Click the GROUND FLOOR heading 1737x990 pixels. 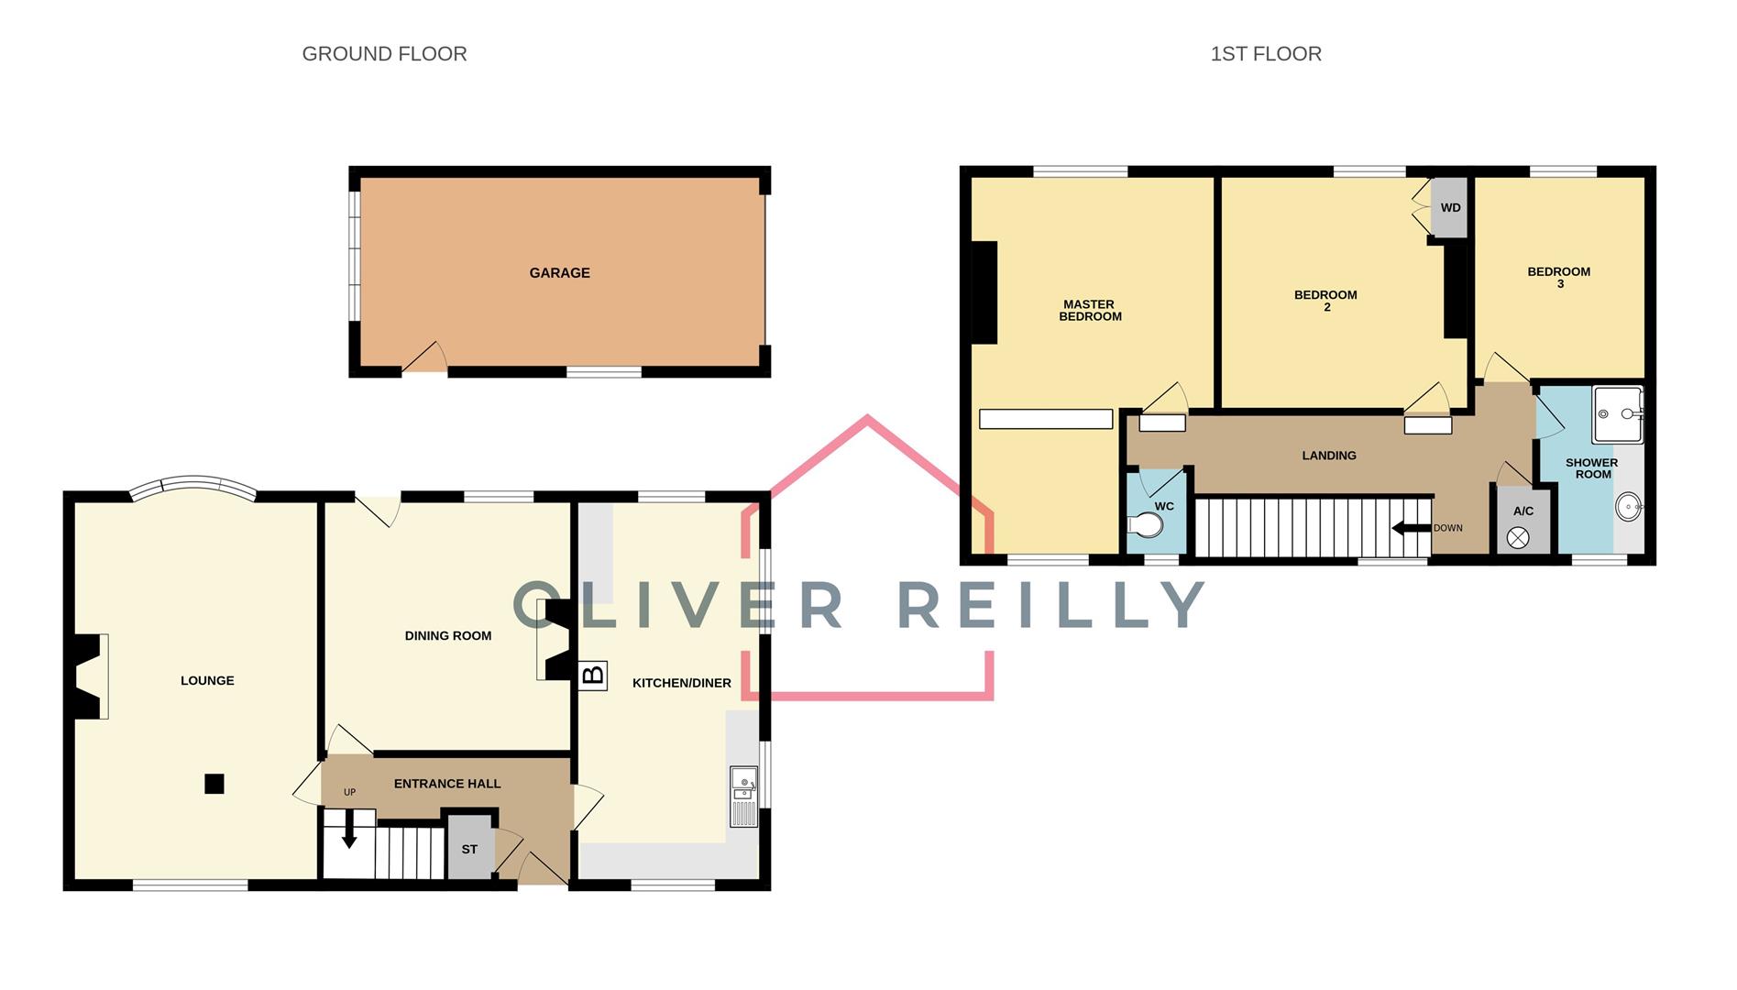pyautogui.click(x=384, y=54)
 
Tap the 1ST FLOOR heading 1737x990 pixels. pyautogui.click(x=1265, y=54)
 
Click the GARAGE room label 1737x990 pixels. pyautogui.click(x=559, y=272)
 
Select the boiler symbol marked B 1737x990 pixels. pyautogui.click(x=593, y=676)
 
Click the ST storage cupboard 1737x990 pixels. pyautogui.click(x=469, y=850)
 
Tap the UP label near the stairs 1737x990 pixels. pyautogui.click(x=349, y=792)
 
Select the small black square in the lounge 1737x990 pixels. pyautogui.click(x=214, y=784)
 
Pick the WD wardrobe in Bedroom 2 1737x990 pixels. pyautogui.click(x=1450, y=208)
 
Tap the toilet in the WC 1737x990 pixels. pyautogui.click(x=1147, y=525)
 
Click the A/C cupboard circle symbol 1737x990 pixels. pyautogui.click(x=1518, y=538)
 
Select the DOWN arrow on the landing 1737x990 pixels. pyautogui.click(x=1411, y=528)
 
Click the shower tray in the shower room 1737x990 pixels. pyautogui.click(x=1618, y=414)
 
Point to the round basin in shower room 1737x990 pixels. pyautogui.click(x=1628, y=506)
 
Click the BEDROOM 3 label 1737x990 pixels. pyautogui.click(x=1558, y=277)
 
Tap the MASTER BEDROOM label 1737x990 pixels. pyautogui.click(x=1090, y=310)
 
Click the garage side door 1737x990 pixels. pyautogui.click(x=425, y=359)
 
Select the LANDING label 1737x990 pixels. pyautogui.click(x=1328, y=456)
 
